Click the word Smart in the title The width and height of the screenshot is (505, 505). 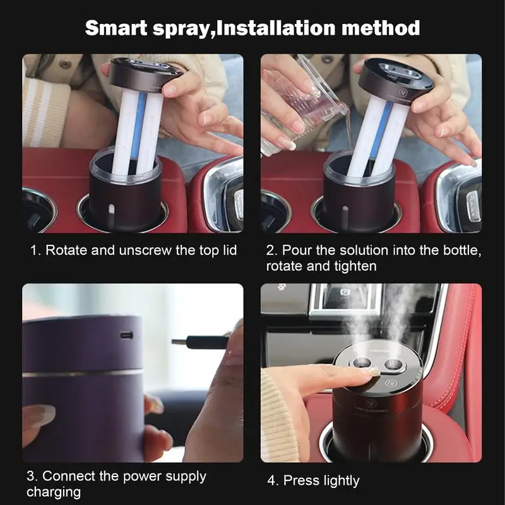(116, 28)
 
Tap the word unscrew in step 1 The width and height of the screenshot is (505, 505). (145, 250)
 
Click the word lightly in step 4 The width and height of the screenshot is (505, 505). (342, 481)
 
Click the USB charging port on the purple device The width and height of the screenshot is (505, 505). (127, 335)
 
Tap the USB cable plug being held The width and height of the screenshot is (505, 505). (199, 342)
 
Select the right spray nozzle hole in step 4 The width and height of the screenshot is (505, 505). (393, 365)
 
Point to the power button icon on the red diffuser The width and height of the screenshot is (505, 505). (391, 383)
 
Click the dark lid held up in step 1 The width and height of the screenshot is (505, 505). (146, 74)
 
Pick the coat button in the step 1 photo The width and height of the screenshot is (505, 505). (66, 64)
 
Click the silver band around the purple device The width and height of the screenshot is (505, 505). (83, 374)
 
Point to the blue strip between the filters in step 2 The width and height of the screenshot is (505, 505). (381, 129)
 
